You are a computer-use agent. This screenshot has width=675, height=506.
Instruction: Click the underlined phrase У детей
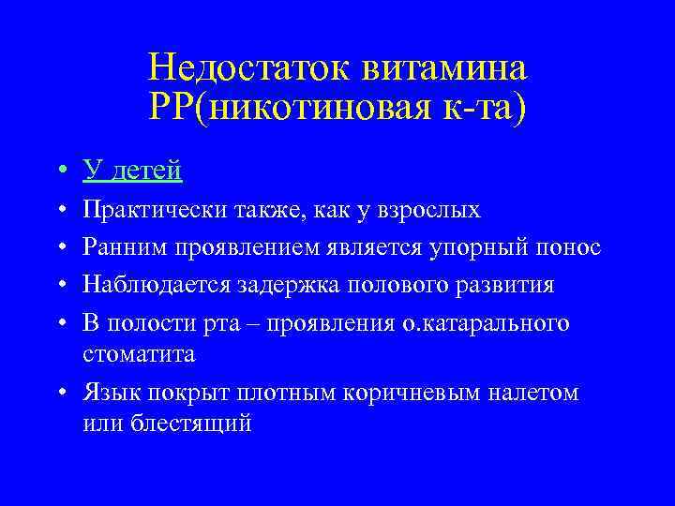132,171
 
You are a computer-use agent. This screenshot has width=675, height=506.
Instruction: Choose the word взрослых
429,209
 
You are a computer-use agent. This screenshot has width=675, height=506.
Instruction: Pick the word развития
502,284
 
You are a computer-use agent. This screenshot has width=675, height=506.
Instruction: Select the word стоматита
139,355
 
